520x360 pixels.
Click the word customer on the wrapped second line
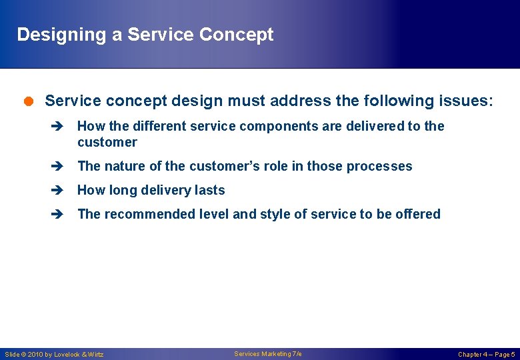tap(107, 143)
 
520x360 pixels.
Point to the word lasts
tap(209, 191)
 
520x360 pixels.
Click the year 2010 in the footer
tap(35, 355)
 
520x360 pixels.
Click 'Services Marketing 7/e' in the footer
tap(267, 354)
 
